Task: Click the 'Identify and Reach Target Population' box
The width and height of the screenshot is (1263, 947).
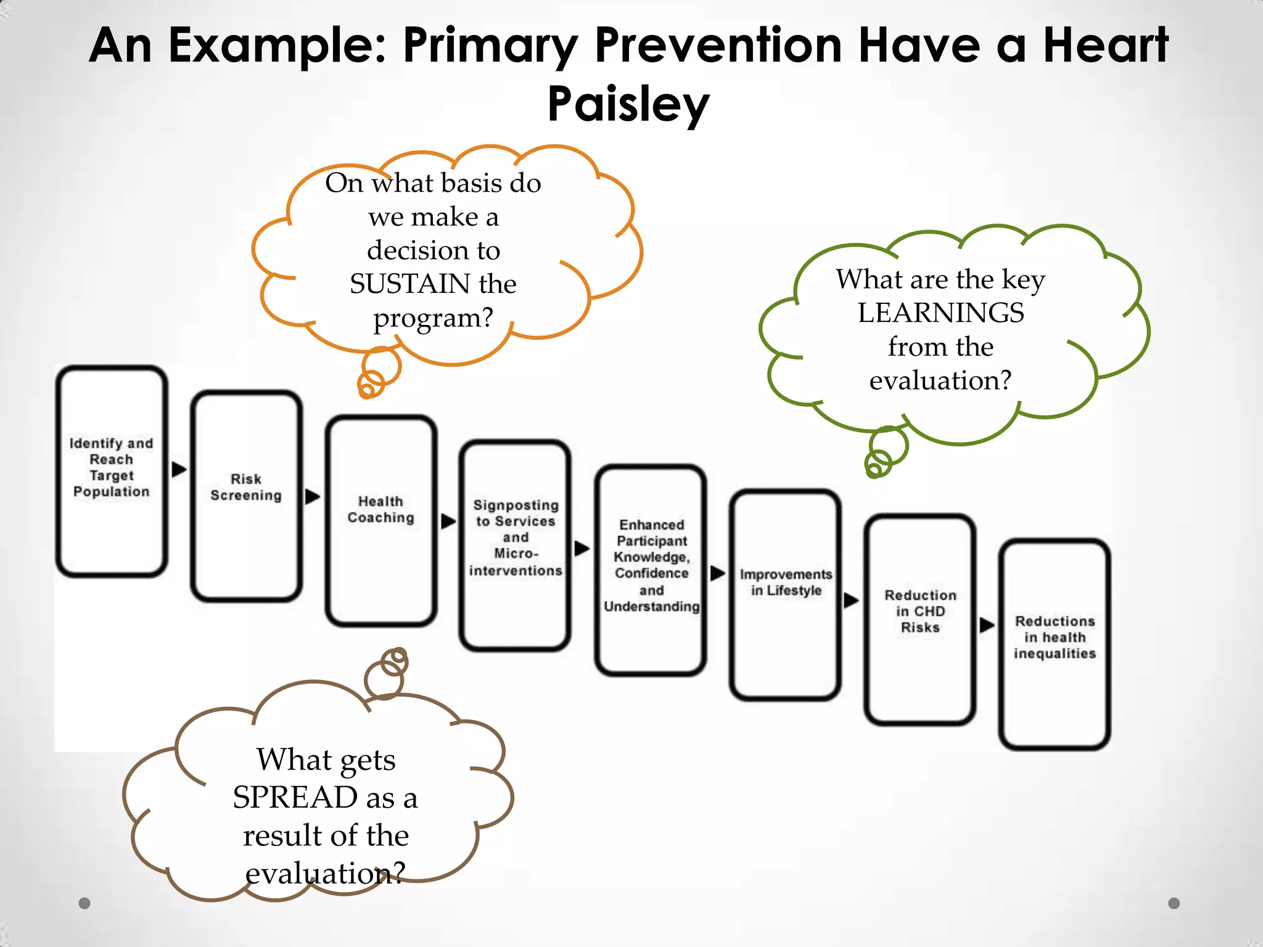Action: [x=112, y=471]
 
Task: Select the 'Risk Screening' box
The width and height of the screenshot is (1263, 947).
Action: [x=246, y=495]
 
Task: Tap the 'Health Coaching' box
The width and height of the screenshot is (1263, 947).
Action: [x=381, y=520]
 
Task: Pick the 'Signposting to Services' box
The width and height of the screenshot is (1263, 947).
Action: [x=516, y=545]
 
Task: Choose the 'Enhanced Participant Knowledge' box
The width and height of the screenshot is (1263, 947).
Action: [x=651, y=570]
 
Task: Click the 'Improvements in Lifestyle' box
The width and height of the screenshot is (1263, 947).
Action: [x=786, y=594]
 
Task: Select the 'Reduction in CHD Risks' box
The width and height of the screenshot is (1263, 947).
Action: [x=920, y=618]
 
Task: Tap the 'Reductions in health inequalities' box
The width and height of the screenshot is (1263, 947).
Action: [x=1055, y=644]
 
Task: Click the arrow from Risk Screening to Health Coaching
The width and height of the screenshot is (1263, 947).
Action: [x=313, y=496]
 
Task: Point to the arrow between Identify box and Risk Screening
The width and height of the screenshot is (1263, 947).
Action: [x=179, y=469]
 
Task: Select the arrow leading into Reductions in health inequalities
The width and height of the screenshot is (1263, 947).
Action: [x=987, y=625]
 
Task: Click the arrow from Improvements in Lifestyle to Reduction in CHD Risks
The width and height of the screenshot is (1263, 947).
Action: [x=851, y=600]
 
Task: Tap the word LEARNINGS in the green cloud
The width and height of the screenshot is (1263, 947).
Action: [x=940, y=313]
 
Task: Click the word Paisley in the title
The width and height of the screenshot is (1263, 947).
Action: [x=628, y=104]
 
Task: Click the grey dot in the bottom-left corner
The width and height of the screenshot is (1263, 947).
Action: [x=84, y=903]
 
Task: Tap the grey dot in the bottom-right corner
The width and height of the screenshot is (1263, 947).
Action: [x=1174, y=903]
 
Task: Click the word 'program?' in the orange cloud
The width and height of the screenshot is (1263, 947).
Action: [x=433, y=318]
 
